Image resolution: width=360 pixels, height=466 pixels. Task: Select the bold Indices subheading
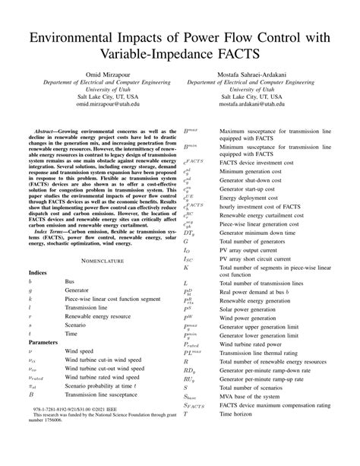click(39, 271)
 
